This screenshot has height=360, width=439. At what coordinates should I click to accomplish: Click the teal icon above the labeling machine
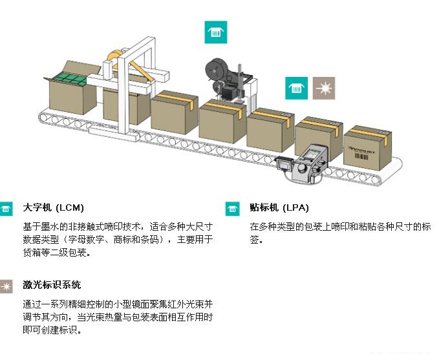click(215, 32)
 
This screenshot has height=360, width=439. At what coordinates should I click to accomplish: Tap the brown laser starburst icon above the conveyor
click(323, 89)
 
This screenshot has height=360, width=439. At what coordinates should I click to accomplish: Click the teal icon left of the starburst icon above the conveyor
click(297, 89)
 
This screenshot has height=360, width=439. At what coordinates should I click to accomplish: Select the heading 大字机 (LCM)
click(53, 208)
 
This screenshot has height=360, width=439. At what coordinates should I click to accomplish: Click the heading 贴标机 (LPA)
click(279, 208)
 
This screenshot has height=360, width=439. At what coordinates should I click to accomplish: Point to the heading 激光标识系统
click(52, 285)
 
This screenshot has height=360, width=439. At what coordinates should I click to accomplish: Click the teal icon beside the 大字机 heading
click(6, 209)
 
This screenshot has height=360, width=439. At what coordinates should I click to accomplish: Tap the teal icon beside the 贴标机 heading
click(233, 209)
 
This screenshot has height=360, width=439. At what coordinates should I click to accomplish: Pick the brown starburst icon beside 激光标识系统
click(6, 286)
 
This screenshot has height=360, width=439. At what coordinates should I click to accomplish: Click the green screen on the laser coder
click(314, 155)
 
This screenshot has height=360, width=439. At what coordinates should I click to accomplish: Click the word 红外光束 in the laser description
click(187, 304)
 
